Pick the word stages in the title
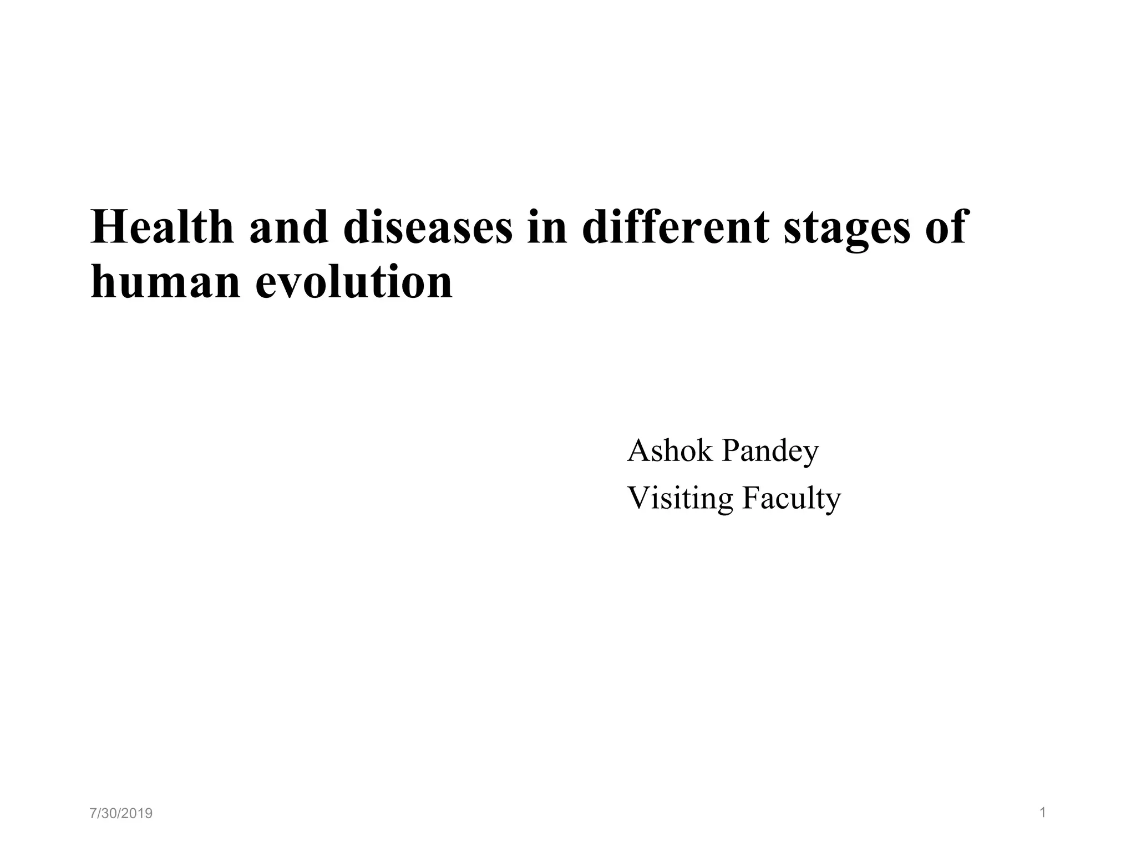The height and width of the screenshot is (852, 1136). click(x=846, y=229)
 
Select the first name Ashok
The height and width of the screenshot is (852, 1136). click(x=670, y=450)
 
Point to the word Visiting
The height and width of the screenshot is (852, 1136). click(x=680, y=498)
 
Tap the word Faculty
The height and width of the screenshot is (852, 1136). click(x=792, y=498)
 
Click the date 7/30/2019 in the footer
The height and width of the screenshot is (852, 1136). click(x=121, y=814)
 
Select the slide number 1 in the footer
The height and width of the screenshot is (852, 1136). click(x=1042, y=813)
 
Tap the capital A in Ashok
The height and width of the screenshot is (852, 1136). click(x=637, y=450)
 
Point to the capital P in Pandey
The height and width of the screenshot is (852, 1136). click(x=729, y=450)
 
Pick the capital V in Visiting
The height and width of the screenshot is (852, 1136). click(x=638, y=498)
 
